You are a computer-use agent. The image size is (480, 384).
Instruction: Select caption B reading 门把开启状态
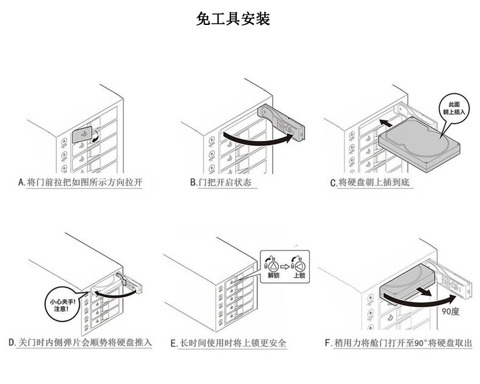(220, 182)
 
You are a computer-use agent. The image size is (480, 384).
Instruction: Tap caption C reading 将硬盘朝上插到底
(372, 182)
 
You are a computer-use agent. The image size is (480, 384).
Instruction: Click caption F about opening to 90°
(398, 343)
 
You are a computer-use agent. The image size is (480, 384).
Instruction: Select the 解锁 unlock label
(273, 275)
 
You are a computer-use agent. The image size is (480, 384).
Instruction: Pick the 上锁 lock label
(299, 275)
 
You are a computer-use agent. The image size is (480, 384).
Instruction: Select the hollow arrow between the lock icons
(286, 266)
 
